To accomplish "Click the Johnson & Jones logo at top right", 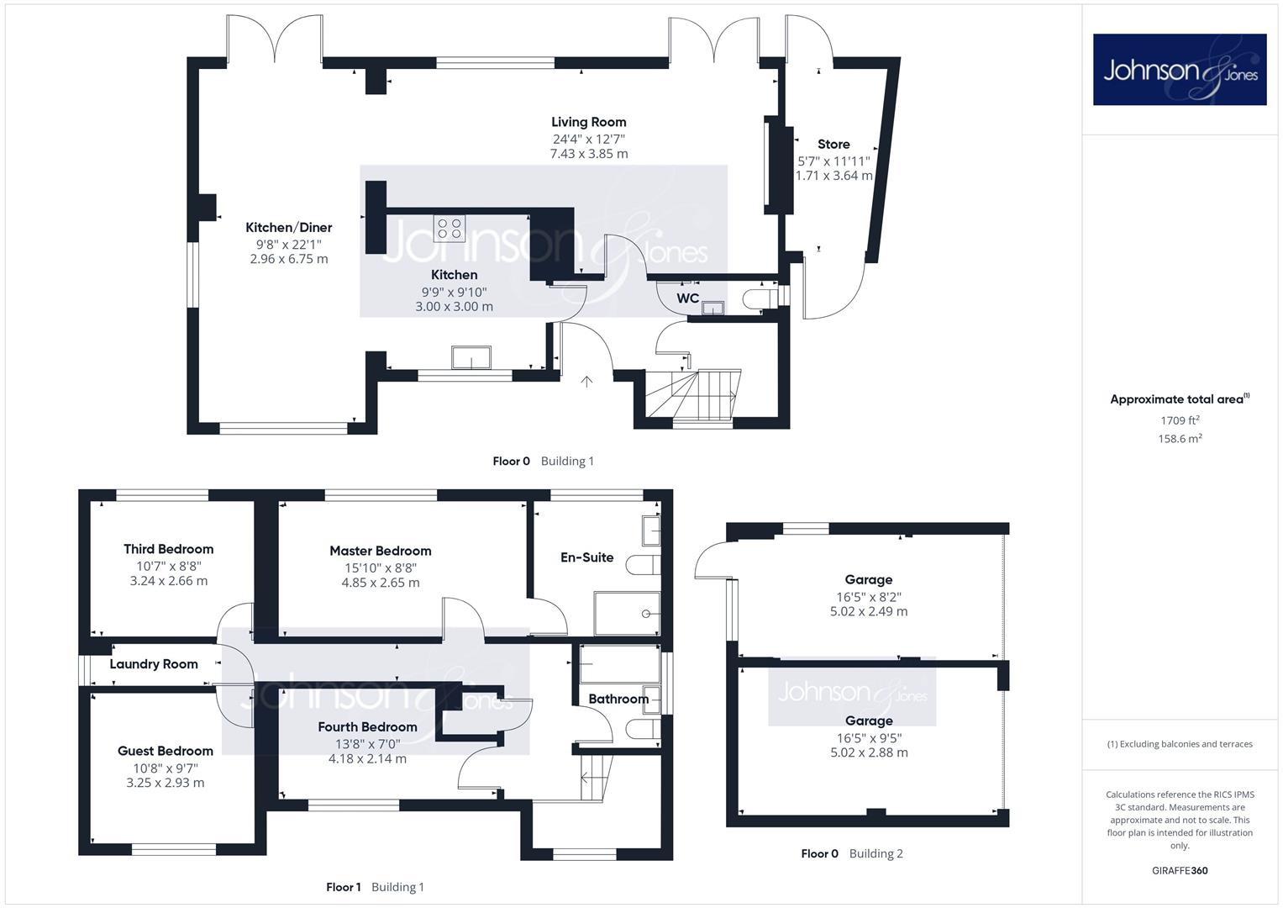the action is coord(1180,69).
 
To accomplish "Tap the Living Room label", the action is coord(588,122).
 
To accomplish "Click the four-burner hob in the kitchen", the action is coord(449,228).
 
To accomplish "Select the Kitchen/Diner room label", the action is coord(289,228).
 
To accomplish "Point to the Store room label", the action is coord(833,144).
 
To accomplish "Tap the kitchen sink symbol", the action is coord(471,357).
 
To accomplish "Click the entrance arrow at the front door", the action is coord(586,381).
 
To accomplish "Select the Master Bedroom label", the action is coord(381,551).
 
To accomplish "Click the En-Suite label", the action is coord(586,557).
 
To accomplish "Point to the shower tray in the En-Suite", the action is coord(627,614).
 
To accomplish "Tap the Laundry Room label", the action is coord(154,664).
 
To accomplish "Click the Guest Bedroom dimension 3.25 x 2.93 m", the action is coord(165,783).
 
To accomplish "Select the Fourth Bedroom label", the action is coord(367,727).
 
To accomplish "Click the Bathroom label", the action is coord(618,699).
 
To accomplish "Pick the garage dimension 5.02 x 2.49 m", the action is coord(868,611).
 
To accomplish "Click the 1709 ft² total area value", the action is coord(1180,420).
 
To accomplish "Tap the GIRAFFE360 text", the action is coord(1180,870).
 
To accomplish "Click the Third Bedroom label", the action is coord(168,549).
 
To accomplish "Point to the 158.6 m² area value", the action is coord(1180,439).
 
